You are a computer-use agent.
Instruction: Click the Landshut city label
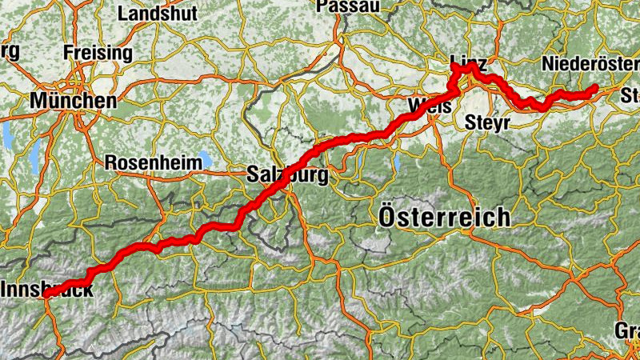(156, 14)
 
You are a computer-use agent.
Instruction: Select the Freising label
(97, 53)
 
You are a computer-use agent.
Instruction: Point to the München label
(73, 101)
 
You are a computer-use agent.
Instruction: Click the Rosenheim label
(153, 162)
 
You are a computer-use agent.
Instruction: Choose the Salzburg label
(287, 175)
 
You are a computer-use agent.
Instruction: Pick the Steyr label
(482, 123)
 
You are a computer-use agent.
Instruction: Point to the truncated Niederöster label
(590, 63)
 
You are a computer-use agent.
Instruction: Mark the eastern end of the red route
(595, 88)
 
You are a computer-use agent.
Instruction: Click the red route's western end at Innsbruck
(46, 294)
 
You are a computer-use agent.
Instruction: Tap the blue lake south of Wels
(397, 164)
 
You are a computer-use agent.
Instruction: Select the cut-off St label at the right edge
(630, 98)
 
